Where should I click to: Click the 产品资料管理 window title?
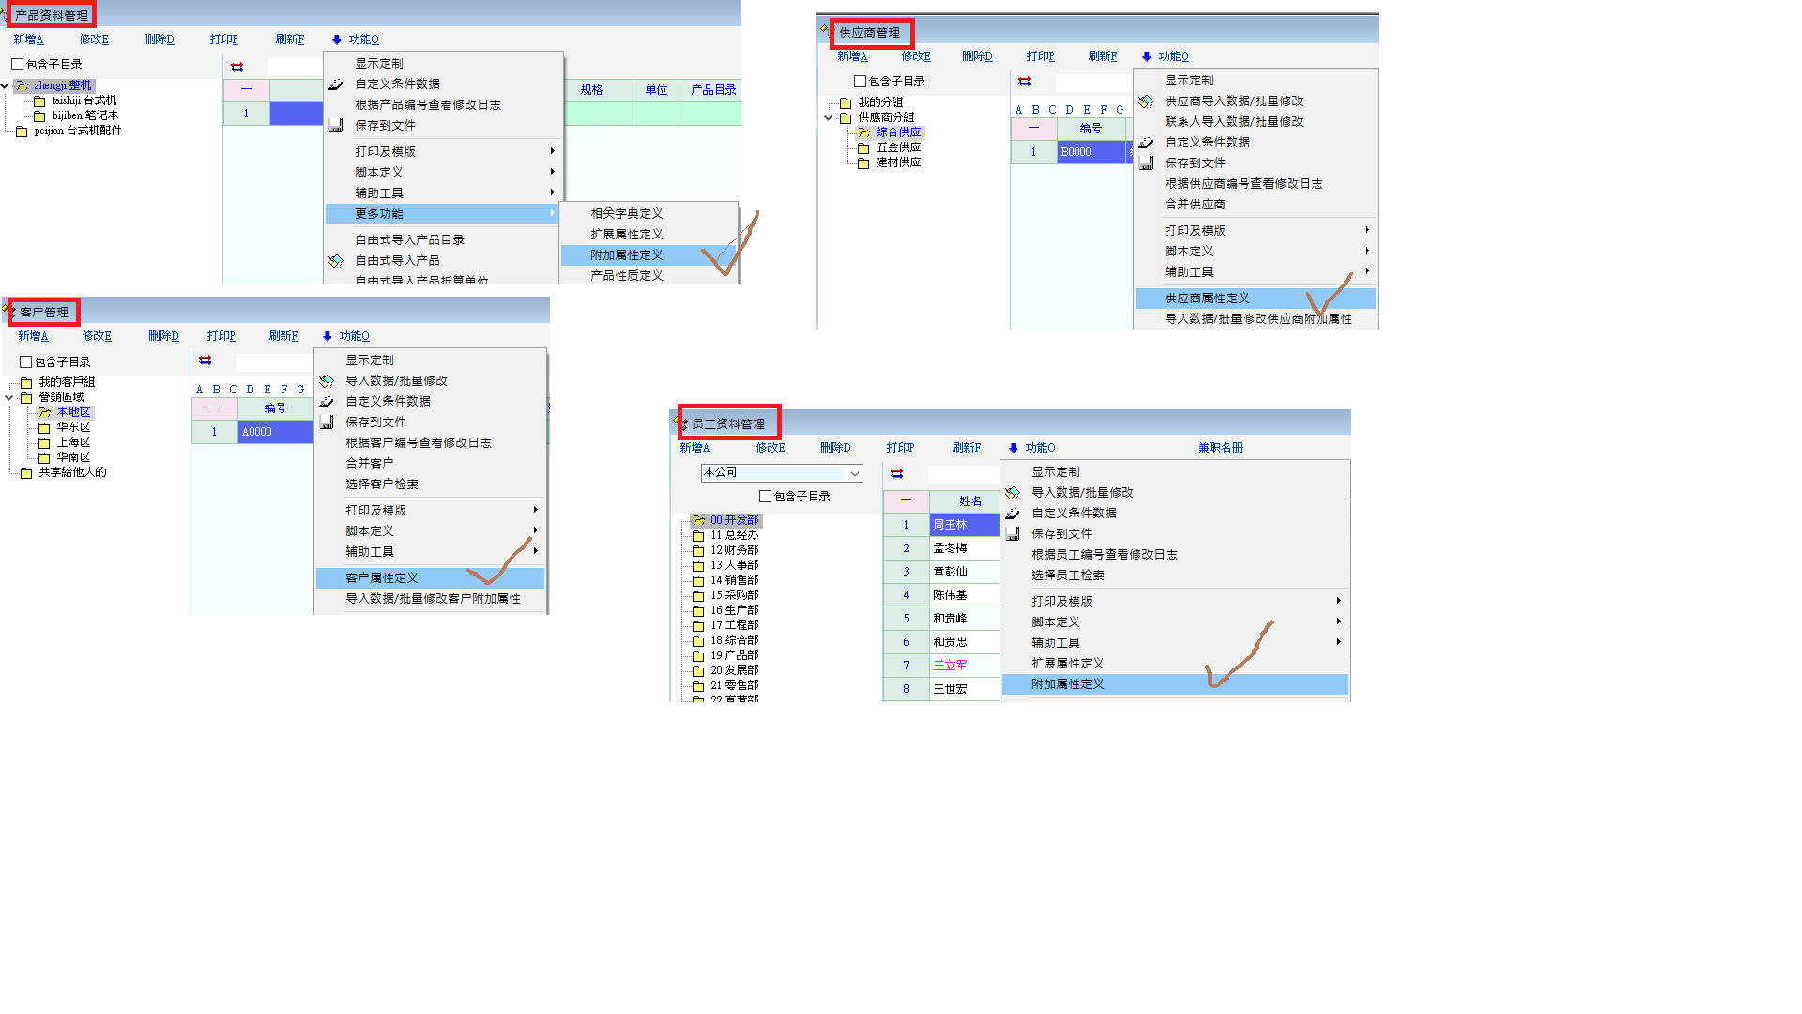pyautogui.click(x=52, y=15)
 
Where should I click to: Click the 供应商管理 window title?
pyautogui.click(x=869, y=33)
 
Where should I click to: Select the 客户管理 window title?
pyautogui.click(x=44, y=312)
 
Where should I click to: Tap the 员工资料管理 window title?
pyautogui.click(x=728, y=424)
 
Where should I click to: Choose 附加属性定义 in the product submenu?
pyautogui.click(x=627, y=255)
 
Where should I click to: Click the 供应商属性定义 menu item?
pyautogui.click(x=1207, y=299)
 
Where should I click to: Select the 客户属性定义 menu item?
pyautogui.click(x=382, y=578)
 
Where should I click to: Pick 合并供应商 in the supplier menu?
pyautogui.click(x=1195, y=205)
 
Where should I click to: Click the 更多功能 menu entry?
pyautogui.click(x=379, y=214)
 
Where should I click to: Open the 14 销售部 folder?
pyautogui.click(x=734, y=580)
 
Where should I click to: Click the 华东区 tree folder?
pyautogui.click(x=73, y=427)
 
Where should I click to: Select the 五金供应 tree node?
pyautogui.click(x=898, y=147)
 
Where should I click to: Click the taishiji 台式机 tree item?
pyautogui.click(x=84, y=100)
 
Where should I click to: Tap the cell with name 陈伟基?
pyautogui.click(x=950, y=595)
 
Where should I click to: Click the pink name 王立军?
pyautogui.click(x=950, y=666)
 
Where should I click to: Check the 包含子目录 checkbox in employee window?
pyautogui.click(x=766, y=497)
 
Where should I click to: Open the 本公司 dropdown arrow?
pyautogui.click(x=855, y=473)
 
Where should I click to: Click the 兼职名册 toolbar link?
pyautogui.click(x=1220, y=448)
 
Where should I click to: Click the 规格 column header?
pyautogui.click(x=591, y=90)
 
